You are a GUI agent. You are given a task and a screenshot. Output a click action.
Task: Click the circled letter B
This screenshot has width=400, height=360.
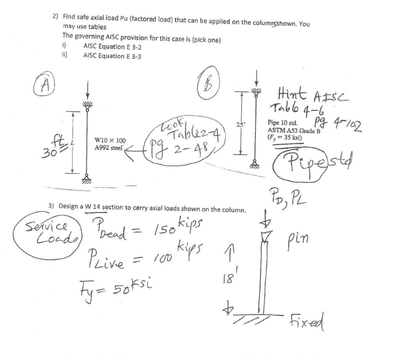(208, 83)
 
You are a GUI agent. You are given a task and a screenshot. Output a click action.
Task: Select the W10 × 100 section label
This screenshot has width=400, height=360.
(110, 140)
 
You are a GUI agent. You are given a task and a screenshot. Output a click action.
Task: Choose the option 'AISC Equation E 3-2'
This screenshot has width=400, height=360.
(112, 47)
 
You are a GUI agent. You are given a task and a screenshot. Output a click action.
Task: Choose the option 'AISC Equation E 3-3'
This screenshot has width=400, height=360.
(112, 56)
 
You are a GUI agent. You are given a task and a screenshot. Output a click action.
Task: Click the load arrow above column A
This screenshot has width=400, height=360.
(87, 91)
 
